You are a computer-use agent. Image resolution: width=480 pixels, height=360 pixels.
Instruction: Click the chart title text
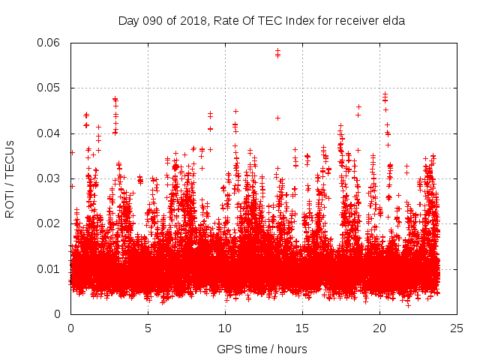tap(262, 21)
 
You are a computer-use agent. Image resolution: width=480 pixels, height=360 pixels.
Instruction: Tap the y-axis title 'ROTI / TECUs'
tap(10, 178)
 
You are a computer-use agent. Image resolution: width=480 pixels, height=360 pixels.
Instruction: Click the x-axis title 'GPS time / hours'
tap(262, 349)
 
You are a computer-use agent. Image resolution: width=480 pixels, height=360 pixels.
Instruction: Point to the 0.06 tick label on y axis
tap(52, 43)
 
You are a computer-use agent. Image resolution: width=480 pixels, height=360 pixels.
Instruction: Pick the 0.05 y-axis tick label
tap(52, 88)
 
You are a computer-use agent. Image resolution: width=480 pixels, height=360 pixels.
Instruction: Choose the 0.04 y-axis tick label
tap(52, 133)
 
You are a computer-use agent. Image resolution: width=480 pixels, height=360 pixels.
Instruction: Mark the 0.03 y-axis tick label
tap(52, 178)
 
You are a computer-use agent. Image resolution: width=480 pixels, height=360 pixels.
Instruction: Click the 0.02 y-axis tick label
tap(52, 223)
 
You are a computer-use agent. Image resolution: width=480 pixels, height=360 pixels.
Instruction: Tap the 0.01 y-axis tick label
tap(52, 268)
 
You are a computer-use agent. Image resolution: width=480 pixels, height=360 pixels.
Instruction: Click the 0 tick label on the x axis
tap(70, 328)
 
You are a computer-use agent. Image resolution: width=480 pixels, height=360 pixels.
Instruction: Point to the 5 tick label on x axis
tap(148, 328)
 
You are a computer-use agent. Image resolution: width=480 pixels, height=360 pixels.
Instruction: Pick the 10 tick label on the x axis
tap(225, 328)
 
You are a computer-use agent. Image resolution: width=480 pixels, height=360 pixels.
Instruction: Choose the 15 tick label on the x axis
tap(302, 328)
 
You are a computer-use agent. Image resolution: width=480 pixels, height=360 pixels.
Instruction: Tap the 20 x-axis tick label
tap(379, 328)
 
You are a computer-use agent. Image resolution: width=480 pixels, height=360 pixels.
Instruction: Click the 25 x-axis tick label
tap(457, 328)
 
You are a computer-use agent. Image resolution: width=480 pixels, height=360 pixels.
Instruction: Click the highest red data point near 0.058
tap(277, 51)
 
